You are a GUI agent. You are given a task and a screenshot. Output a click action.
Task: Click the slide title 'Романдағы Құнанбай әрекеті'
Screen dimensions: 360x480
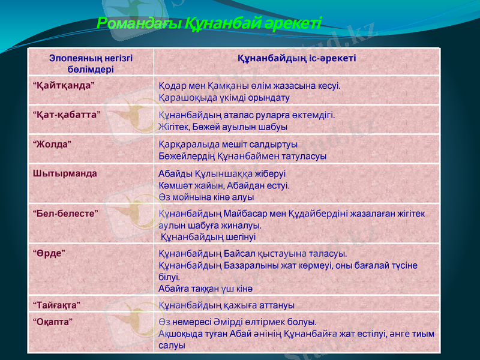[209, 23]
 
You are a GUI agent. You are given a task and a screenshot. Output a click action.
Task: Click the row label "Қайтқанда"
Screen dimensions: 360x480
[63, 85]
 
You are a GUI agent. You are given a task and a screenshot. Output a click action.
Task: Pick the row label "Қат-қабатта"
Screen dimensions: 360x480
[66, 114]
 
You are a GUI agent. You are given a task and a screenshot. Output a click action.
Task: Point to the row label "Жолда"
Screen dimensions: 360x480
[53, 144]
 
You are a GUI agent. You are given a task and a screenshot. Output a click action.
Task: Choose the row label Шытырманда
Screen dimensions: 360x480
[65, 173]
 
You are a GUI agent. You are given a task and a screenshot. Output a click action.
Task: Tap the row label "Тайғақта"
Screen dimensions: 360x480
[57, 305]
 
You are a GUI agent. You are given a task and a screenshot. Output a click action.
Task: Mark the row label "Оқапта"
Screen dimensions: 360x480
[53, 321]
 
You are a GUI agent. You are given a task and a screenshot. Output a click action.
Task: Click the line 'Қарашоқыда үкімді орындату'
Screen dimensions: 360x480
[224, 97]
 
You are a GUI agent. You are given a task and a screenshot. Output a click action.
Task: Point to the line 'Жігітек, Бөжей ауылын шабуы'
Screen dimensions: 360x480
[223, 127]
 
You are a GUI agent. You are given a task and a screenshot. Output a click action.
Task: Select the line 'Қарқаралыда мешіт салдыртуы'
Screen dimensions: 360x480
[228, 145]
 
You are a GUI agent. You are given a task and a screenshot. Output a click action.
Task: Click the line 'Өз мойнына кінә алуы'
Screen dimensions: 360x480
[206, 196]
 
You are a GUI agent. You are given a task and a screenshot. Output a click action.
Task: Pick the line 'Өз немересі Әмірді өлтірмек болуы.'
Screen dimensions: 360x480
[238, 322]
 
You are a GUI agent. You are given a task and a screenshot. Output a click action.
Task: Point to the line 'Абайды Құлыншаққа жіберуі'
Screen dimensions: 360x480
[222, 174]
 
